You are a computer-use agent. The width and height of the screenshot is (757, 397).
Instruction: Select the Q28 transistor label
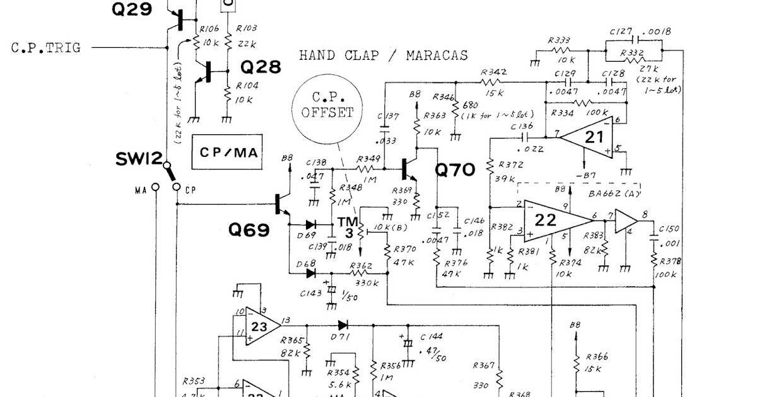pyautogui.click(x=260, y=67)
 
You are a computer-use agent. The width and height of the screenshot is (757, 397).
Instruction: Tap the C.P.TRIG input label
pyautogui.click(x=46, y=47)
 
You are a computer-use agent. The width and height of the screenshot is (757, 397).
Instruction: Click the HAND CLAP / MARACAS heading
pyautogui.click(x=384, y=55)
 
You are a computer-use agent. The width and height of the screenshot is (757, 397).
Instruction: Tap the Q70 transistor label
pyautogui.click(x=455, y=170)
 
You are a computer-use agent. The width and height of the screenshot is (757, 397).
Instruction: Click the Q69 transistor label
pyautogui.click(x=249, y=230)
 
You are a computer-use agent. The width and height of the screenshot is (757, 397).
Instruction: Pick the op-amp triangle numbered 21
pyautogui.click(x=587, y=137)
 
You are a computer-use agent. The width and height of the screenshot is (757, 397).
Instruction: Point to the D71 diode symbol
pyautogui.click(x=343, y=325)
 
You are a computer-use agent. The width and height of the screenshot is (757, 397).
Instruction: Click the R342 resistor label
pyautogui.click(x=493, y=72)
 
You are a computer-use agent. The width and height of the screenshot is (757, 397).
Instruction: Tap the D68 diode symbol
pyautogui.click(x=310, y=273)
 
